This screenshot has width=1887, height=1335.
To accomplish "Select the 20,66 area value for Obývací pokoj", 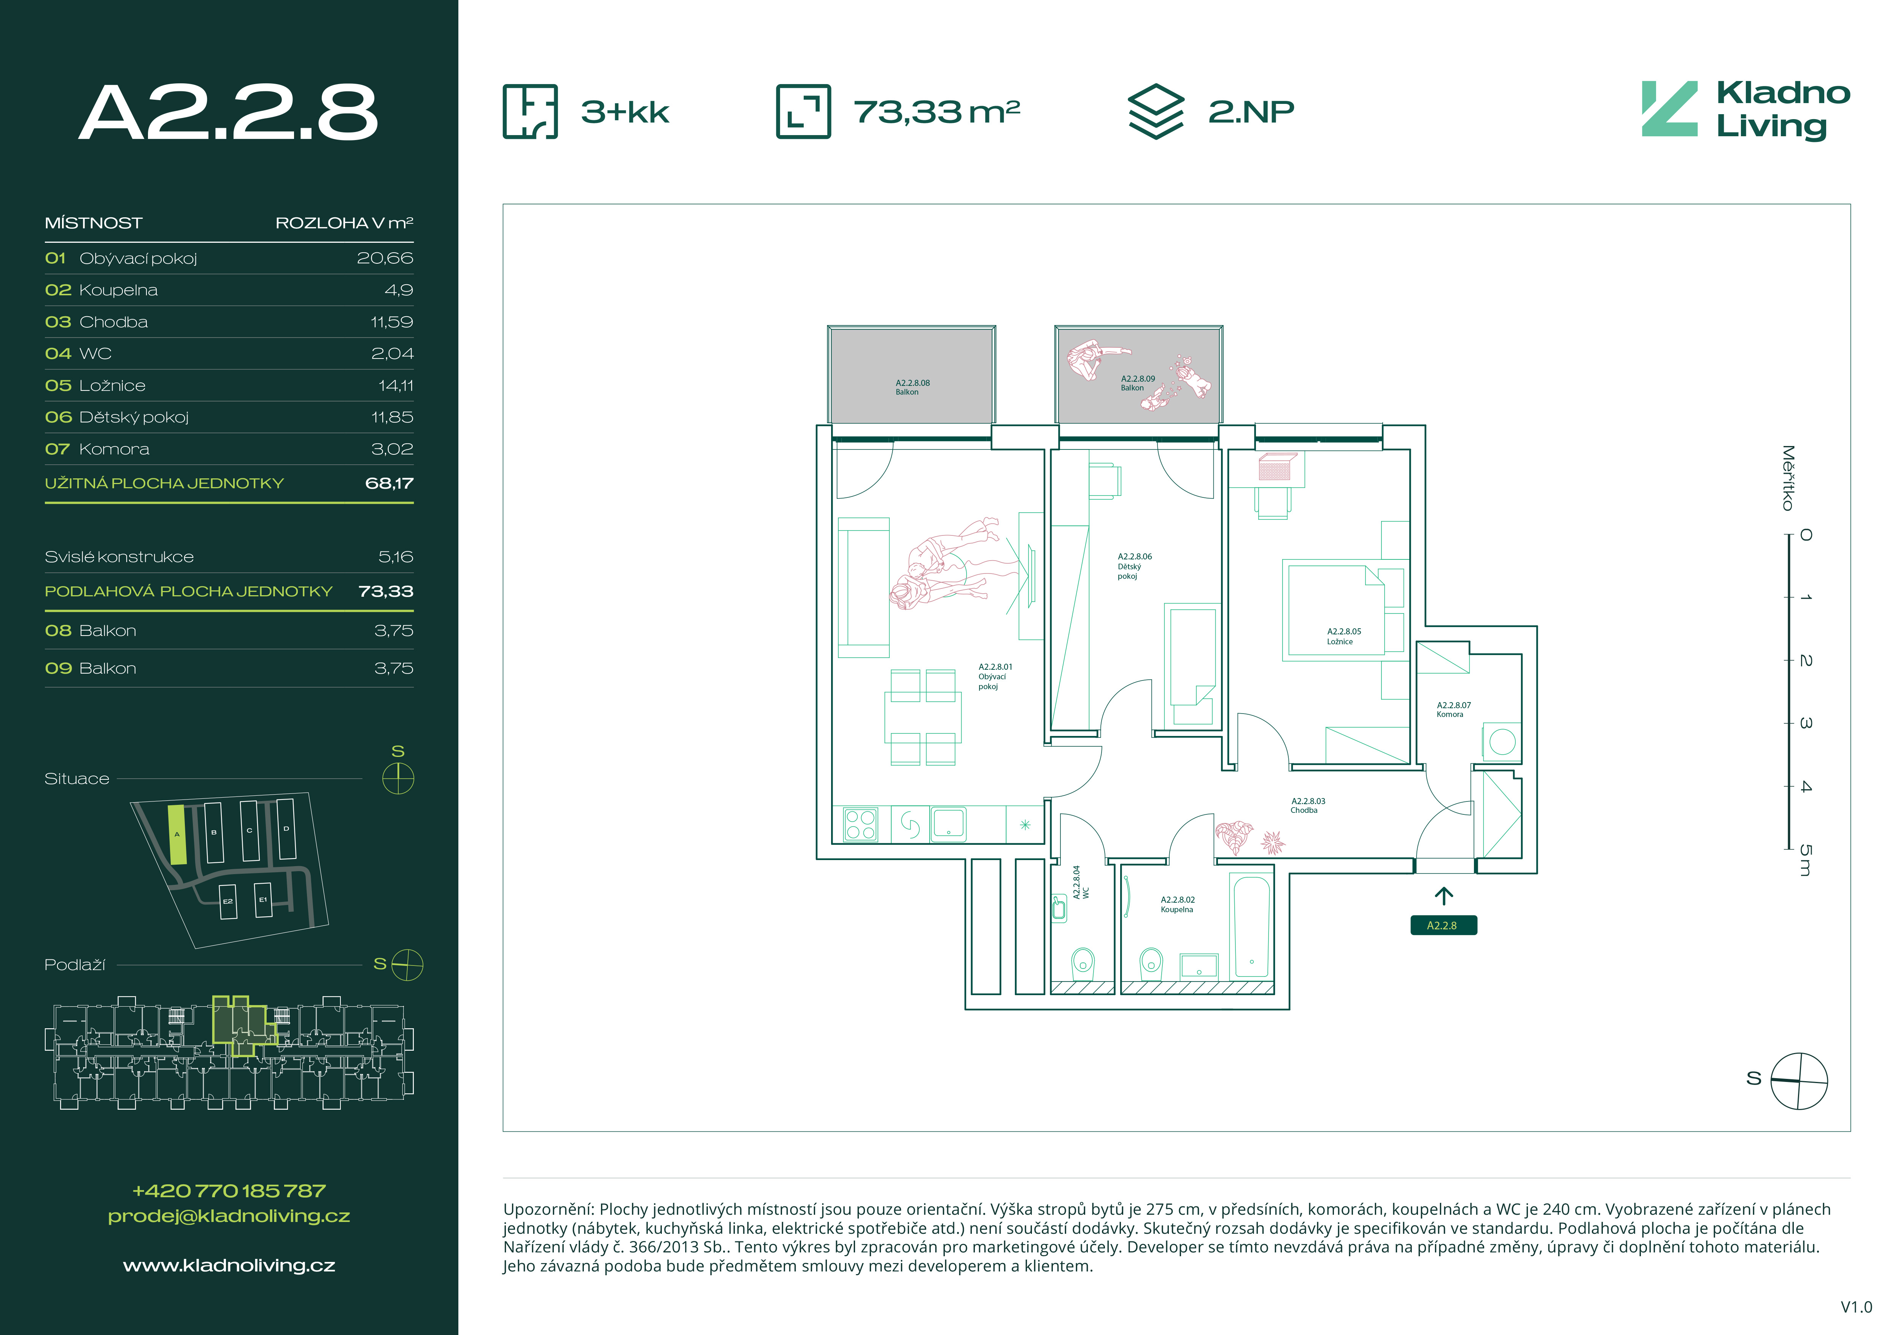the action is pyautogui.click(x=385, y=258).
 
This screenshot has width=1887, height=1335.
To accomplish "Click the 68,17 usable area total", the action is pyautogui.click(x=389, y=483).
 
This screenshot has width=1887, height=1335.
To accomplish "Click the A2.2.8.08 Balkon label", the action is pyautogui.click(x=912, y=387).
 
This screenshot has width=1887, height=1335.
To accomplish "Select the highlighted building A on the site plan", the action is pyautogui.click(x=177, y=834).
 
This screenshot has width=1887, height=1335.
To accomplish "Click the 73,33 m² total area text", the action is pyautogui.click(x=937, y=112).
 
